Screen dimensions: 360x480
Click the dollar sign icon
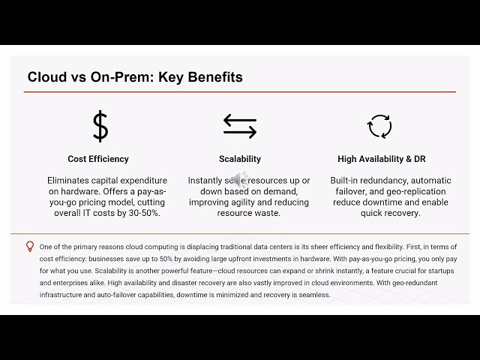pyautogui.click(x=100, y=126)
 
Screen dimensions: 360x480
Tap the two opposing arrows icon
pyautogui.click(x=240, y=126)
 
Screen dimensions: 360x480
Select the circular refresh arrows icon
pyautogui.click(x=379, y=126)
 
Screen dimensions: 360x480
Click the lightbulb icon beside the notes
pyautogui.click(x=30, y=246)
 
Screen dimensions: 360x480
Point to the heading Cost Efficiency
pyautogui.click(x=98, y=159)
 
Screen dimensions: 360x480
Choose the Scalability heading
pyautogui.click(x=240, y=159)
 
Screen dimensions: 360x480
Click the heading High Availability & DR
pyautogui.click(x=382, y=159)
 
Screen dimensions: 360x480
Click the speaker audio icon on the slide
pyautogui.click(x=238, y=179)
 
